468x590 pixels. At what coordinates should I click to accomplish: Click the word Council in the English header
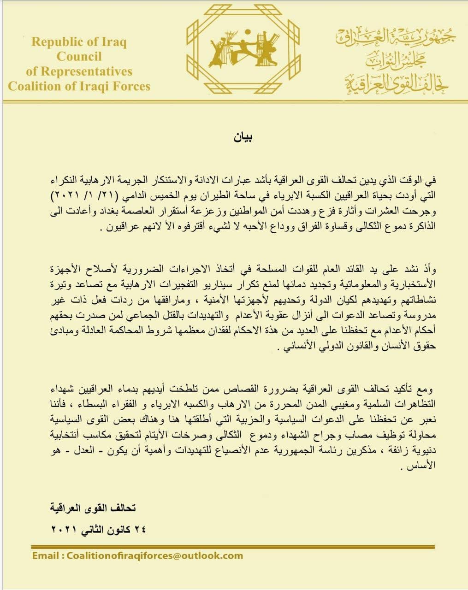pyautogui.click(x=79, y=57)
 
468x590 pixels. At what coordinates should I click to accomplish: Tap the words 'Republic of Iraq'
pyautogui.click(x=79, y=42)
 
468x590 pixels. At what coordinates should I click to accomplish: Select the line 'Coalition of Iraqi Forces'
pyautogui.click(x=79, y=86)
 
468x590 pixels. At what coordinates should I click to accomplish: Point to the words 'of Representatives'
pyautogui.click(x=79, y=71)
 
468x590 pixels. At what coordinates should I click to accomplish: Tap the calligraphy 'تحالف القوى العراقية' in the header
pyautogui.click(x=397, y=83)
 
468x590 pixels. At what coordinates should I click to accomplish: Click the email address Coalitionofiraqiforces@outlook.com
pyautogui.click(x=154, y=555)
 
